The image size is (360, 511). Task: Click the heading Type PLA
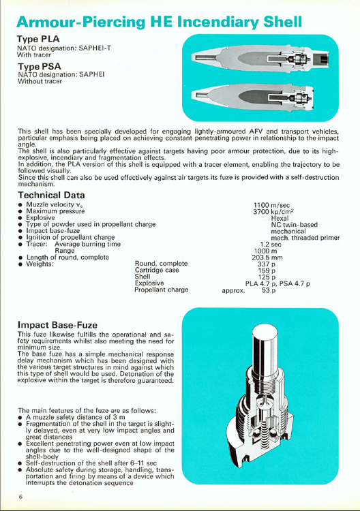[x=40, y=40]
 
